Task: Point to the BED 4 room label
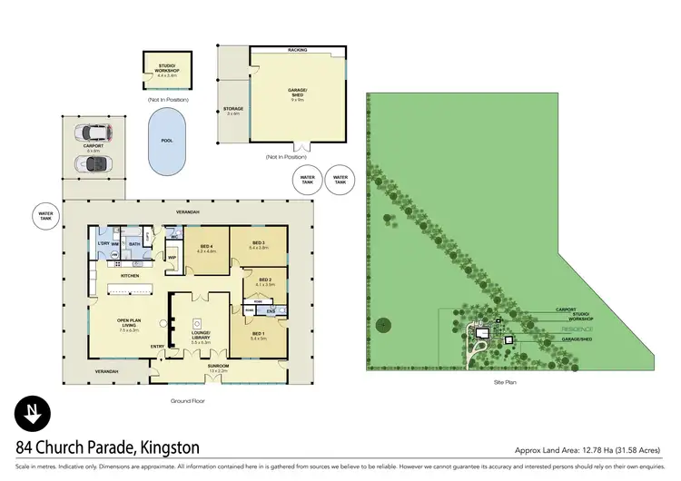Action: click(x=205, y=248)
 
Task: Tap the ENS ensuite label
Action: click(x=270, y=310)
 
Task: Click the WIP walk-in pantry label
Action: click(x=171, y=257)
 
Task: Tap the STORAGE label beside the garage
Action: click(x=233, y=111)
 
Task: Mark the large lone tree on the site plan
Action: click(x=382, y=323)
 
